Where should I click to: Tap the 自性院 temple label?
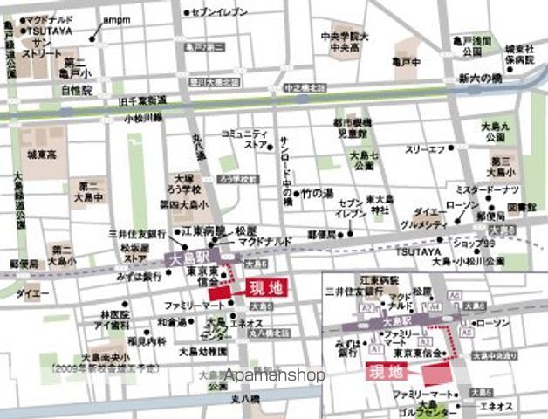pyautogui.click(x=76, y=90)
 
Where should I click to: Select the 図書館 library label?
pyautogui.click(x=520, y=208)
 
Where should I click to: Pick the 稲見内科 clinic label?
pyautogui.click(x=121, y=341)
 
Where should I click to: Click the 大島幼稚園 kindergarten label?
pyautogui.click(x=202, y=352)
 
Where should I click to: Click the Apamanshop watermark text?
pyautogui.click(x=274, y=374)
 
